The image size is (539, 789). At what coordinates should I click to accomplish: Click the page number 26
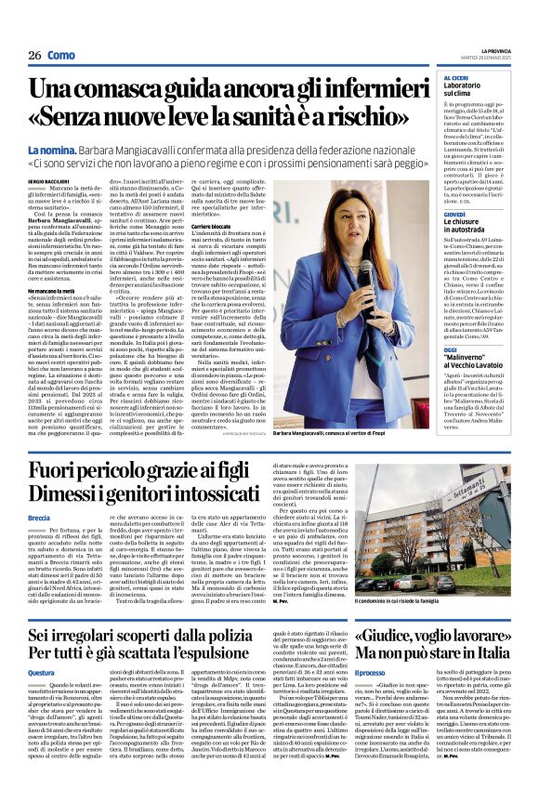tap(34, 56)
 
